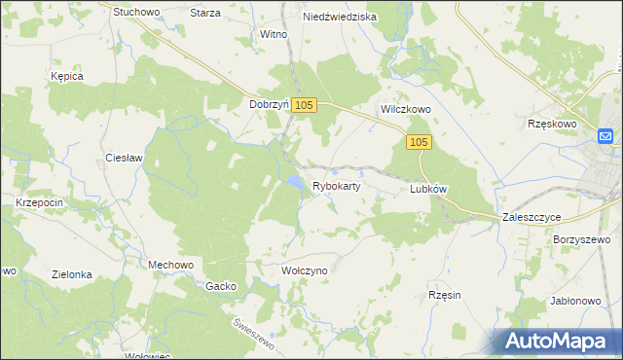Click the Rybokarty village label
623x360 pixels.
pos(337,185)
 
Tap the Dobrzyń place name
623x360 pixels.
pos(270,104)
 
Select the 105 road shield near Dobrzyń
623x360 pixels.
pos(304,105)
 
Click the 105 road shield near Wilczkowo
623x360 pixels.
pos(419,143)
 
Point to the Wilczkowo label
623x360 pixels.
pos(405,110)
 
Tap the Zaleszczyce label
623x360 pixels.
pos(532,218)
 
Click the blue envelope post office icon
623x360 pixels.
pos(605,136)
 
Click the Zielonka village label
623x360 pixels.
pos(73,274)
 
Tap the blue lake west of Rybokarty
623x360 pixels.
pos(292,181)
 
